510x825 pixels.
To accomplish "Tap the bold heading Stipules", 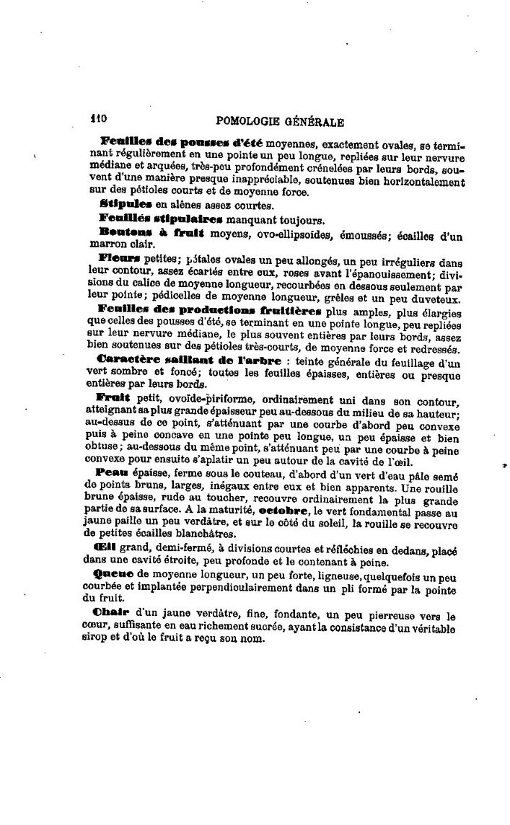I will click(x=121, y=205).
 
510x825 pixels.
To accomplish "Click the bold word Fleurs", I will click(x=119, y=257).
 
